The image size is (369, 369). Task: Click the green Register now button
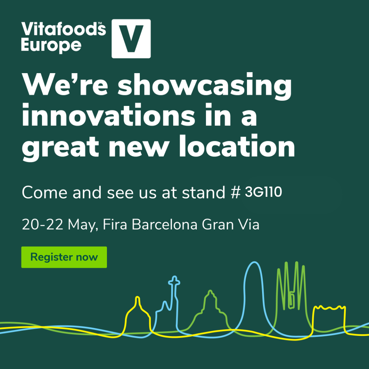click(64, 257)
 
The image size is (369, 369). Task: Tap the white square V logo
click(131, 39)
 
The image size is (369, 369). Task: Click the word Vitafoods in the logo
click(64, 29)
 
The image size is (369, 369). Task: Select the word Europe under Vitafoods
click(51, 45)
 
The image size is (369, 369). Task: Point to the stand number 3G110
click(263, 192)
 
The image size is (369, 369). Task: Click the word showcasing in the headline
click(205, 86)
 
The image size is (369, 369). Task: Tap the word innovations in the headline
click(109, 115)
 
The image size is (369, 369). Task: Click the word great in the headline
click(60, 148)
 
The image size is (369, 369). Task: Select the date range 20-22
click(42, 224)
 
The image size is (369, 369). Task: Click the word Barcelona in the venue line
click(164, 224)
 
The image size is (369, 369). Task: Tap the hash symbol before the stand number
click(235, 192)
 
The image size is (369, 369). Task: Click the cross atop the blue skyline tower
click(174, 281)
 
